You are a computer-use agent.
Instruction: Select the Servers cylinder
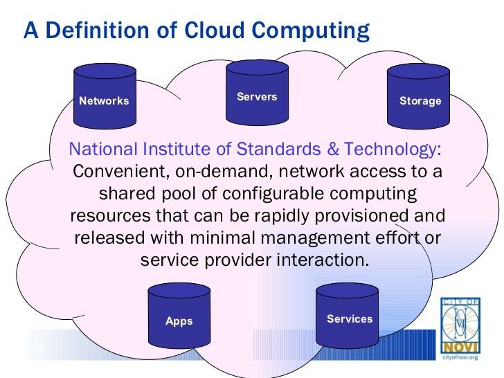click(x=257, y=93)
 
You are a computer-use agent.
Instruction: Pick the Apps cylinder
click(x=179, y=317)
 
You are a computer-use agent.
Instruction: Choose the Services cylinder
click(x=349, y=315)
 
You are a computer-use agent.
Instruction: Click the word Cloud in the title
click(x=208, y=31)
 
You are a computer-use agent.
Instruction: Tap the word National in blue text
click(x=105, y=149)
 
